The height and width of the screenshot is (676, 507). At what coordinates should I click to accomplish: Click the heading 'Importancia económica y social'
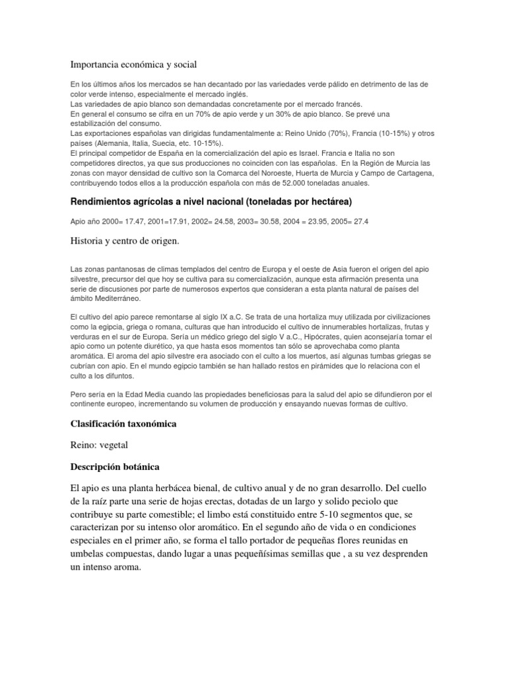coord(134,64)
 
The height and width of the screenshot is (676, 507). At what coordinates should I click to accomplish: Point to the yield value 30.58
coord(269,221)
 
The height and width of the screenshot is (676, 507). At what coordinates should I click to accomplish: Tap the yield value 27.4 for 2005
coord(360,221)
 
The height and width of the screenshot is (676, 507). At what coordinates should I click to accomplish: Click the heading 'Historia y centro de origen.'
coord(125,242)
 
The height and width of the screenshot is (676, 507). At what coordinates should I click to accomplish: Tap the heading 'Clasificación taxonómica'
coord(123,424)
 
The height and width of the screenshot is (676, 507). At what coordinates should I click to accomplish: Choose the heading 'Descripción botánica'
coord(115,467)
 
